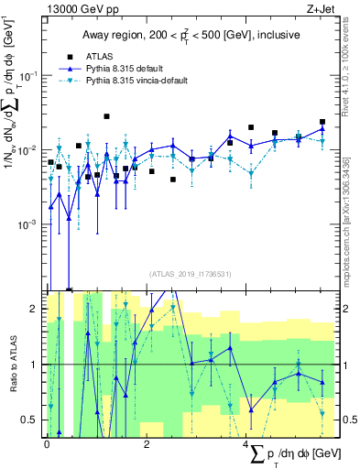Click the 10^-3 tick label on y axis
[x=30, y=224]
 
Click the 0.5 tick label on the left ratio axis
[x=34, y=420]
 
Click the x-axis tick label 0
[x=47, y=444]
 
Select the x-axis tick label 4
[x=246, y=444]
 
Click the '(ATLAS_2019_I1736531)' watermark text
[x=191, y=273]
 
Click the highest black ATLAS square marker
[x=107, y=116]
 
